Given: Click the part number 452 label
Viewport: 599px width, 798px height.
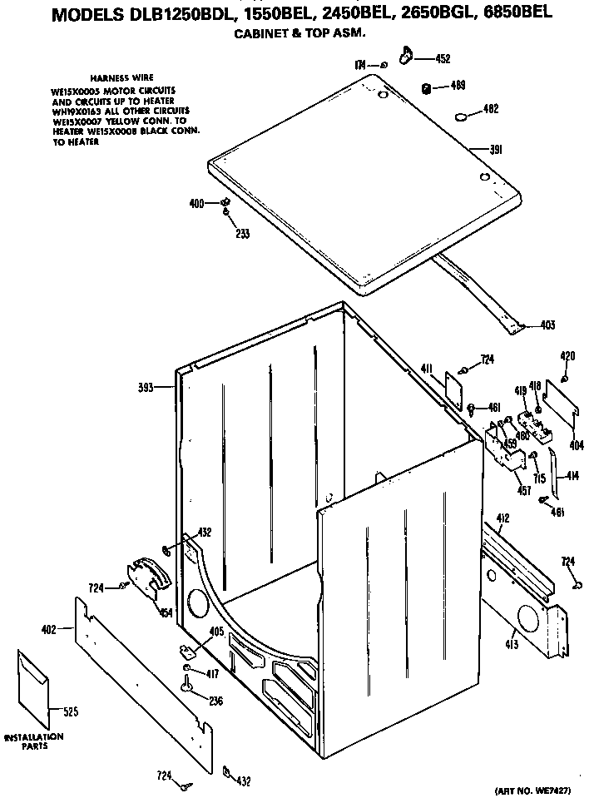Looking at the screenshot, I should [443, 59].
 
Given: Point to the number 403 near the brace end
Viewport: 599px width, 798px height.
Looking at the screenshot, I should [547, 325].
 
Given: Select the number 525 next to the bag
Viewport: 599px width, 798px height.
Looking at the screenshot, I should [69, 711].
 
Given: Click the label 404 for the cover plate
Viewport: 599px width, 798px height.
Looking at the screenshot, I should [576, 445].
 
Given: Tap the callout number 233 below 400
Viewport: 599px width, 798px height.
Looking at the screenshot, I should [242, 233].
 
